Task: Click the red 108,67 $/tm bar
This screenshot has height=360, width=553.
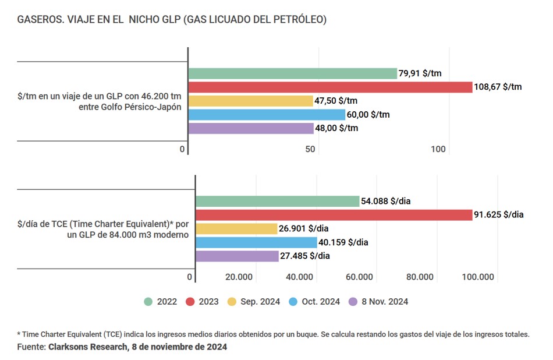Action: [x=329, y=87]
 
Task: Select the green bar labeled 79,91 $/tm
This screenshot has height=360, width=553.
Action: [x=292, y=74]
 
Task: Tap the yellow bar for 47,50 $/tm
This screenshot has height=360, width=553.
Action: [x=251, y=101]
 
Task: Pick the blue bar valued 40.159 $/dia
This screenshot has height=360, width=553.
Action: [x=256, y=242]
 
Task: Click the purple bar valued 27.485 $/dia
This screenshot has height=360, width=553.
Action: [x=237, y=256]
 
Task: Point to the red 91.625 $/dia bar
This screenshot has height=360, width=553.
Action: [x=334, y=215]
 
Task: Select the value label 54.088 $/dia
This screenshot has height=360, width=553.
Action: [x=387, y=202]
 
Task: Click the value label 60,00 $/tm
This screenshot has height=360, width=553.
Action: [x=368, y=115]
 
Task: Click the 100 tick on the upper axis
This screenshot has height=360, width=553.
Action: [x=438, y=150]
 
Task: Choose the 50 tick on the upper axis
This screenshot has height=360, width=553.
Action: [x=310, y=150]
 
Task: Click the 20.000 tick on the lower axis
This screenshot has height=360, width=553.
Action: [x=239, y=277]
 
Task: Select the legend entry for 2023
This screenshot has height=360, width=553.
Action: [x=202, y=302]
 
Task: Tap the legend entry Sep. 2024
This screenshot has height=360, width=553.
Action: [x=254, y=302]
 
